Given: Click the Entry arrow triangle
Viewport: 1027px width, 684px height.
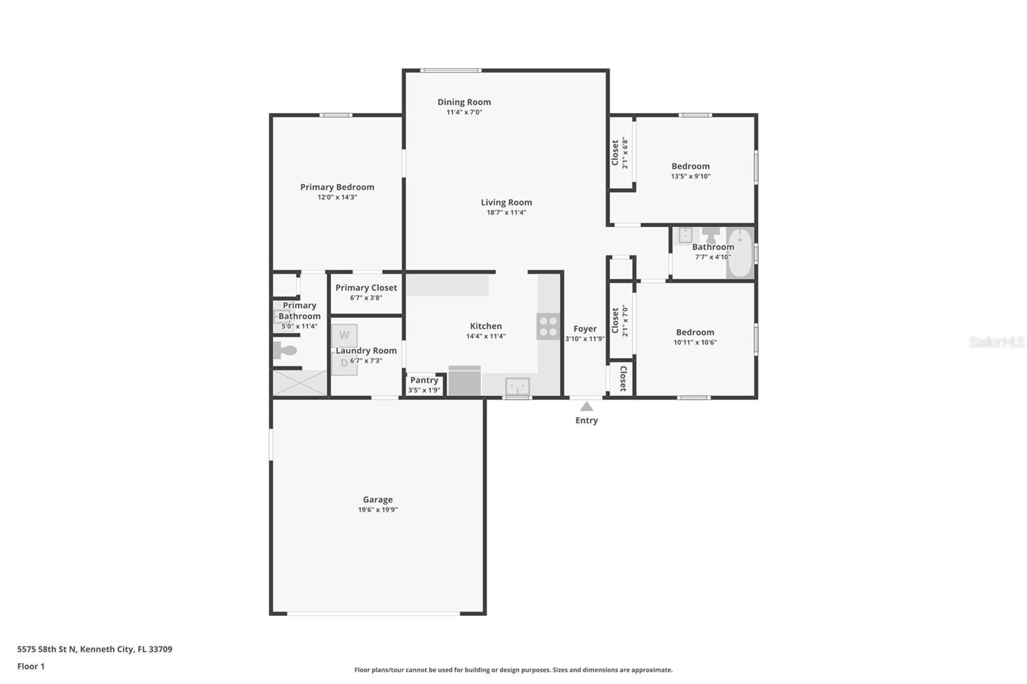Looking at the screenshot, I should pos(586,406).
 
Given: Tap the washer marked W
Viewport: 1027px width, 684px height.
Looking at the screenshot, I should pos(344,335).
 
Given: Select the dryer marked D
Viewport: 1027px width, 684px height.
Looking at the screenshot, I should pos(344,364).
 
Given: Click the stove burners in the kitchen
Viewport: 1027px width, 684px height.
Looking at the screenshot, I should pos(548,326).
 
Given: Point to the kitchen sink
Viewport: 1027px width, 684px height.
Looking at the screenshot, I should pos(517,386).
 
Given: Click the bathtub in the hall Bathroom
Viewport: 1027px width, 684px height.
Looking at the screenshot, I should pos(740,253).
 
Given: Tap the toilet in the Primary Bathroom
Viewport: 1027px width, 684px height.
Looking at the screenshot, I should pos(285,350).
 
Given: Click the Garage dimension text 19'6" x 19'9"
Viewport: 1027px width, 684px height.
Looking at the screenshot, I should pos(377,510).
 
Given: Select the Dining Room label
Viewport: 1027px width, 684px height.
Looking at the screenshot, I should pos(464,102).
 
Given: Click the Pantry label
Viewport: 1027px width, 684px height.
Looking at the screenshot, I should pos(424,380).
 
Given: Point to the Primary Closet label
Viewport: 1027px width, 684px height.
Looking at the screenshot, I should pos(366,288).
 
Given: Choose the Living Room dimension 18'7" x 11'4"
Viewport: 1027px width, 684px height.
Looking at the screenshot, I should pos(506,212).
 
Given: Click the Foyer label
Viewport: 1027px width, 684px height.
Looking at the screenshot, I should pos(585,329).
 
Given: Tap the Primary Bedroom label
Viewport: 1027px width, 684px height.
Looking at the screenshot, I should pos(337,187).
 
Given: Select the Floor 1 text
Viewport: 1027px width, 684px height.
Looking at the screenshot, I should pos(31,667).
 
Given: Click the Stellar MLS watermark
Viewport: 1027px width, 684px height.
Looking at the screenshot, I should pos(996,342).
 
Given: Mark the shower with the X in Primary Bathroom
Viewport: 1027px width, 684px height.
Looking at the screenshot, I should pos(300,382).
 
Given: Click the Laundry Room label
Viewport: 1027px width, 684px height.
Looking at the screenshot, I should pos(366,351).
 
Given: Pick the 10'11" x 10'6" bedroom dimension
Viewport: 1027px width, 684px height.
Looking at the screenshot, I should pos(695,343).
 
